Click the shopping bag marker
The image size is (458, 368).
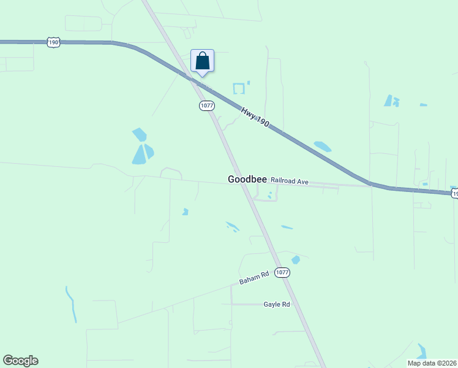point(203,61)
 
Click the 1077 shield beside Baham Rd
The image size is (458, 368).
point(282,272)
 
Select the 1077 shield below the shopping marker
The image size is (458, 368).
point(207,105)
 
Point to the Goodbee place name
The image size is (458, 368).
point(247,180)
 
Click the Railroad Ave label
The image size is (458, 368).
point(290,182)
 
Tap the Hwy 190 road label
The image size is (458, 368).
point(255,118)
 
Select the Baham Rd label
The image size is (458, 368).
point(254,278)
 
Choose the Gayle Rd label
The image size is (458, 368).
point(276,304)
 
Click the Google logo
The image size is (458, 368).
point(20,361)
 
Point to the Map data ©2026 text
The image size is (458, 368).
point(432,363)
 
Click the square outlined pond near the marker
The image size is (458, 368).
point(238,88)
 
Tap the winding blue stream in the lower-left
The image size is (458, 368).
point(72,304)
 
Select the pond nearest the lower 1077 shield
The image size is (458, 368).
point(296,259)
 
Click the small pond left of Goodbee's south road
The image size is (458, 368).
point(185,212)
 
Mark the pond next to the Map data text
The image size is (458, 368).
point(421,351)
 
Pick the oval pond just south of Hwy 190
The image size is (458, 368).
point(322,147)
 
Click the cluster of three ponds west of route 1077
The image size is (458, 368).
point(142,147)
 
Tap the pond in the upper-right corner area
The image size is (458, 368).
point(390,101)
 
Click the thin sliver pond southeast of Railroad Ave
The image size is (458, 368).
point(287,228)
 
